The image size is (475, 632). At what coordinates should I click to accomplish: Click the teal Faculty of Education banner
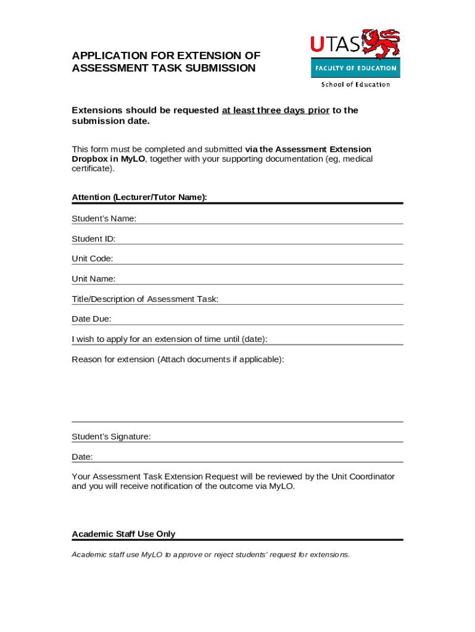[x=355, y=68]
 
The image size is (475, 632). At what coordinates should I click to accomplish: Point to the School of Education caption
[x=355, y=85]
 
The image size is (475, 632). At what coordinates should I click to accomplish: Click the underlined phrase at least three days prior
[x=276, y=110]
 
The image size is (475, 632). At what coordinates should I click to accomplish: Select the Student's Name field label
[x=104, y=218]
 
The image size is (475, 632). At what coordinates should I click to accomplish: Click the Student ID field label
[x=94, y=239]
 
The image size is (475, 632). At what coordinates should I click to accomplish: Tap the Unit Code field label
[x=93, y=259]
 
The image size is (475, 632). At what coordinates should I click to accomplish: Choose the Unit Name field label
[x=94, y=279]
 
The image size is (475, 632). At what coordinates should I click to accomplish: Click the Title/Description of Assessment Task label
[x=145, y=299]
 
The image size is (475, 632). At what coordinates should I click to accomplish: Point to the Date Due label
[x=92, y=319]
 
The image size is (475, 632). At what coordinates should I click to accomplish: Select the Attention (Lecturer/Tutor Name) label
[x=139, y=197]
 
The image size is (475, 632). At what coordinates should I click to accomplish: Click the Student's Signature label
[x=111, y=437]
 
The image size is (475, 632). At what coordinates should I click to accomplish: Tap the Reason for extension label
[x=178, y=359]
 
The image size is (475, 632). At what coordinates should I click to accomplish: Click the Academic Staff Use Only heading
[x=123, y=534]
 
